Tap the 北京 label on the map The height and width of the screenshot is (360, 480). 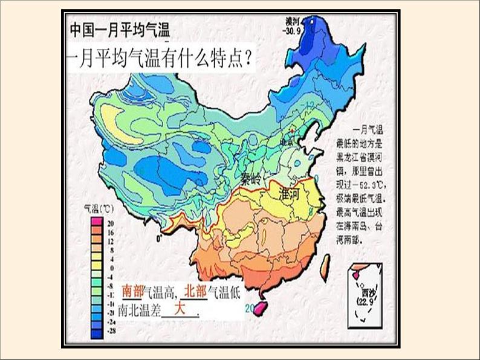click(x=287, y=141)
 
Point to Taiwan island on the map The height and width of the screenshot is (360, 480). click(x=325, y=263)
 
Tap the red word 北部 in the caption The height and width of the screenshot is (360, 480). click(x=196, y=291)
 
